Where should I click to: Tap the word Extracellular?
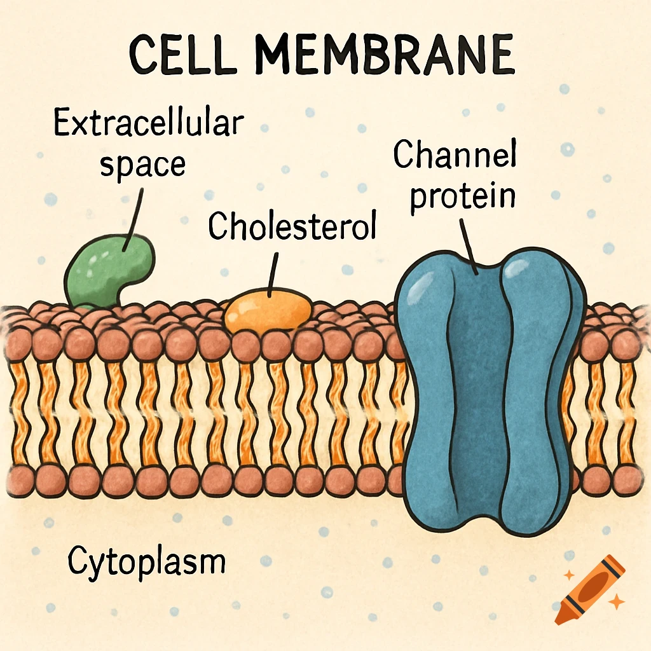[147, 123]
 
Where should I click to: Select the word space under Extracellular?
[143, 163]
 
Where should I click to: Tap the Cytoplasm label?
[146, 562]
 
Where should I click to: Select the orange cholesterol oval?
[269, 311]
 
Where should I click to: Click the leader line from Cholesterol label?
[274, 273]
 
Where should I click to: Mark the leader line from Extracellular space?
[135, 216]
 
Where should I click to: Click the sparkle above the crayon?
[569, 575]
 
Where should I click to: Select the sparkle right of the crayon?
[615, 601]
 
